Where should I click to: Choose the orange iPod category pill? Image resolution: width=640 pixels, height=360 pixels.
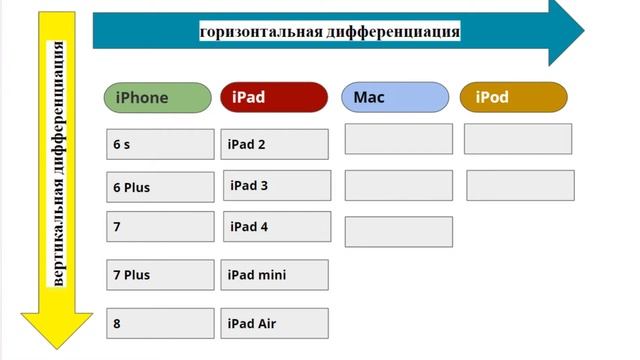click(x=513, y=97)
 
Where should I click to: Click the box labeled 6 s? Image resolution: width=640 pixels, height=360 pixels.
click(x=160, y=144)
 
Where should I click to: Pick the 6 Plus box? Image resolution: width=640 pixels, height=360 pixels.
click(x=160, y=187)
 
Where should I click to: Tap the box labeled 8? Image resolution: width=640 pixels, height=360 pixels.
click(x=160, y=323)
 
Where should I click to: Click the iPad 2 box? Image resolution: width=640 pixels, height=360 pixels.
click(x=274, y=144)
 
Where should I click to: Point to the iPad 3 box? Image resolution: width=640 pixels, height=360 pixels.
click(x=276, y=186)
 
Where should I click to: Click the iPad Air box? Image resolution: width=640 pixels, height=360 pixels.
click(x=274, y=323)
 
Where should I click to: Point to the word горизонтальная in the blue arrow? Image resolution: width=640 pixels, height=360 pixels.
click(x=262, y=32)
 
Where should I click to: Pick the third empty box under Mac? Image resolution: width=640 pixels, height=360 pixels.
click(x=398, y=231)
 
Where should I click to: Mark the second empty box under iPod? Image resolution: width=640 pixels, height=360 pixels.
click(x=520, y=185)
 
